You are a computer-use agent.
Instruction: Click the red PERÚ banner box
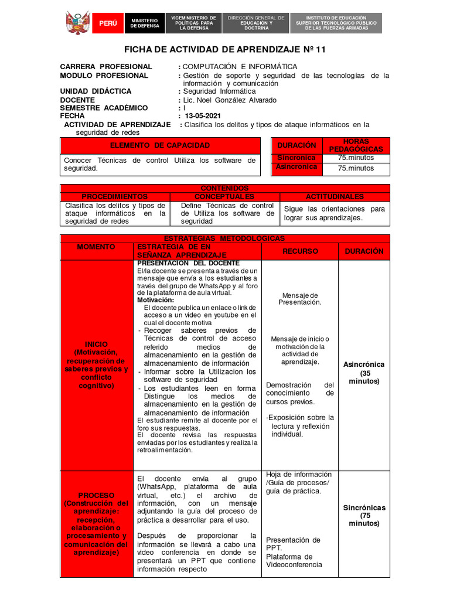(x=107, y=23)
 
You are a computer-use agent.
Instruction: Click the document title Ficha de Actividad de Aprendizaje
(x=225, y=50)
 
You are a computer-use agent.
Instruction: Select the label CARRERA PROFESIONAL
(x=106, y=67)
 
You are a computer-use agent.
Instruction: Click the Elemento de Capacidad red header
(x=159, y=145)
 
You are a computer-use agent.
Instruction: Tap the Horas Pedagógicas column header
(x=356, y=145)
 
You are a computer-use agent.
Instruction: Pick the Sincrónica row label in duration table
(x=296, y=158)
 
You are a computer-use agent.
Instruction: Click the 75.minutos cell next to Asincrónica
(x=356, y=169)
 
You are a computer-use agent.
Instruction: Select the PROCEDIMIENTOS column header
(x=115, y=197)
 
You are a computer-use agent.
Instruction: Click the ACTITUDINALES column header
(x=335, y=197)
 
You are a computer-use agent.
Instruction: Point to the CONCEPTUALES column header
(x=224, y=197)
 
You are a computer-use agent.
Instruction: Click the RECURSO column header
(x=300, y=251)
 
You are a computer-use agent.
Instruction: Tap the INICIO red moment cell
(x=97, y=365)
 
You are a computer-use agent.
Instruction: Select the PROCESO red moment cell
(x=97, y=524)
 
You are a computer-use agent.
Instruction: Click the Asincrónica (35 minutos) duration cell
(x=364, y=373)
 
